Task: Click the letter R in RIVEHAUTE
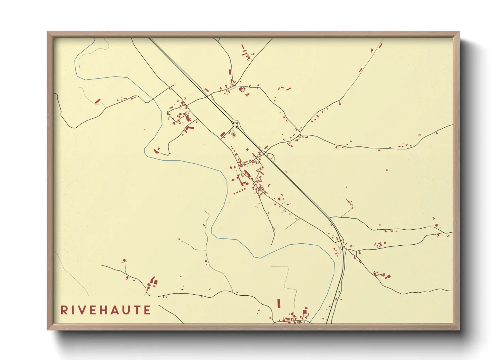tap(64, 310)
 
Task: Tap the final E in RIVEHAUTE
tap(147, 310)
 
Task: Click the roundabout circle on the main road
tap(235, 125)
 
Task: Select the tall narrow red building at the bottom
tap(279, 303)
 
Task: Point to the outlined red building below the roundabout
tap(234, 134)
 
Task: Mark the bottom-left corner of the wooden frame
tap(48, 329)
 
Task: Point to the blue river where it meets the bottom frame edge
tap(312, 322)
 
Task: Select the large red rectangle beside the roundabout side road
tap(223, 134)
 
